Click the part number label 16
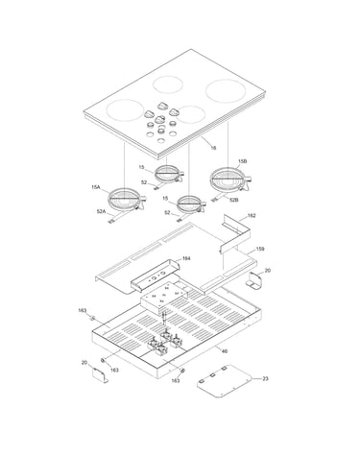(x=213, y=148)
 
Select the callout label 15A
(x=96, y=187)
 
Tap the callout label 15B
(x=242, y=161)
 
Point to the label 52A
(x=101, y=211)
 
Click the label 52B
(x=234, y=200)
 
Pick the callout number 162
(x=252, y=216)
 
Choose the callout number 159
(x=260, y=249)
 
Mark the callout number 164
(x=186, y=258)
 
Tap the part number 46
(x=225, y=351)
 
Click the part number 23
(x=265, y=378)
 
